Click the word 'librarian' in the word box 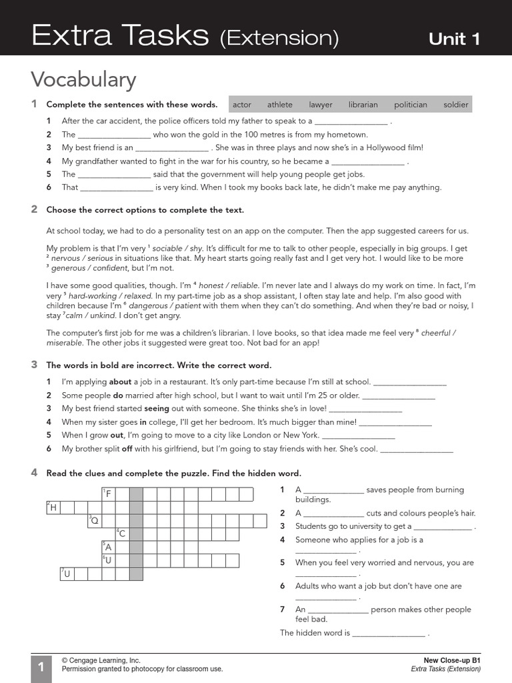[x=363, y=105]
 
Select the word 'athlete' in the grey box [x=280, y=105]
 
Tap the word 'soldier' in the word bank [x=456, y=105]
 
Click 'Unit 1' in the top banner [x=454, y=39]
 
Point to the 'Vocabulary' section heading [x=83, y=80]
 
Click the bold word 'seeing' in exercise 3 [x=157, y=408]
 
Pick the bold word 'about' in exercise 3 [x=120, y=382]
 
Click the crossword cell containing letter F [x=108, y=494]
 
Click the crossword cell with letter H [x=53, y=508]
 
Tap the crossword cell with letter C [x=122, y=534]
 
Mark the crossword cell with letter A [x=108, y=547]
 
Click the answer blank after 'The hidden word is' [x=388, y=634]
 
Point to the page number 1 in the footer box [x=41, y=668]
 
